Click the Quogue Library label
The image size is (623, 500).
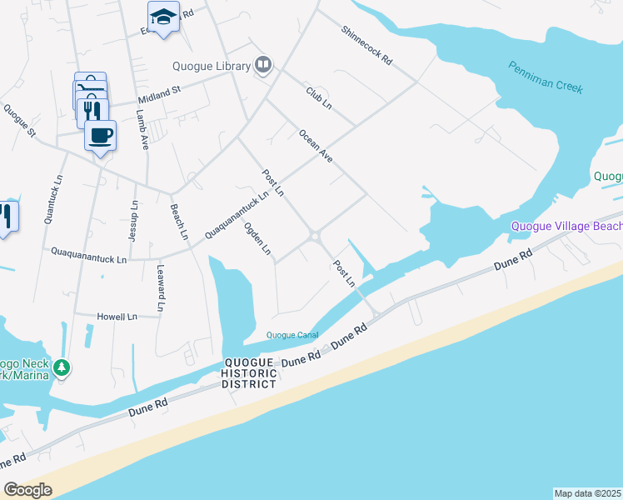click(212, 67)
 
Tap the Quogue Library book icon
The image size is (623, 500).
click(264, 65)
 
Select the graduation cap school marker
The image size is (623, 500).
click(164, 17)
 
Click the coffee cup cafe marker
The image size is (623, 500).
click(100, 135)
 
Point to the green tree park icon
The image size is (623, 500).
click(61, 367)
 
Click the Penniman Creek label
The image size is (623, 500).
click(546, 77)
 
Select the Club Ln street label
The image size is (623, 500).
click(319, 97)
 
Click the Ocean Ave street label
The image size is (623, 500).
click(316, 145)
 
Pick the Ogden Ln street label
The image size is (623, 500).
click(258, 238)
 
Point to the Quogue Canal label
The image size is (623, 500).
click(292, 336)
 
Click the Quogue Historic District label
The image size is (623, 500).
click(249, 373)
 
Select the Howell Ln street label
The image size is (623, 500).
click(117, 317)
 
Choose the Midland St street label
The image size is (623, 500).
click(158, 91)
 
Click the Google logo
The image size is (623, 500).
click(28, 490)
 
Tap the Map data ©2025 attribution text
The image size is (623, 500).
click(588, 493)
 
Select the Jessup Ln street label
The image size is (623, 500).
click(133, 221)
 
